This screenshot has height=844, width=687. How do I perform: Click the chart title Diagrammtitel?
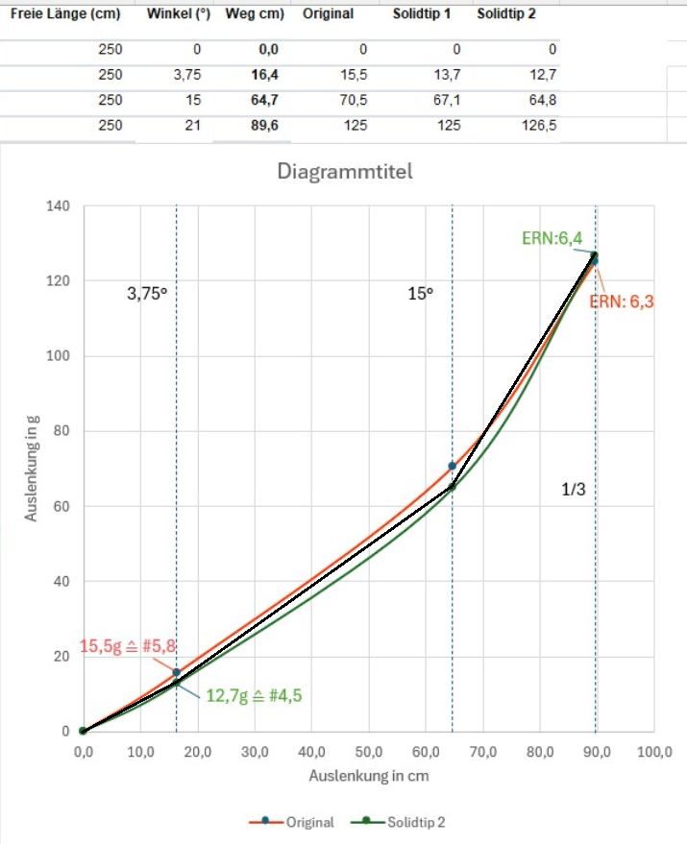click(344, 172)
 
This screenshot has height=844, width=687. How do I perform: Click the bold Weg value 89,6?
click(252, 125)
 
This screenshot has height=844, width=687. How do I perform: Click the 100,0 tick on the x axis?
click(653, 752)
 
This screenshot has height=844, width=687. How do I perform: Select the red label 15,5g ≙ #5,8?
click(127, 646)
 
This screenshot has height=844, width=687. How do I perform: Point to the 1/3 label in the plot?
click(574, 490)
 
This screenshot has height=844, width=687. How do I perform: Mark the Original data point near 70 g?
click(452, 466)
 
